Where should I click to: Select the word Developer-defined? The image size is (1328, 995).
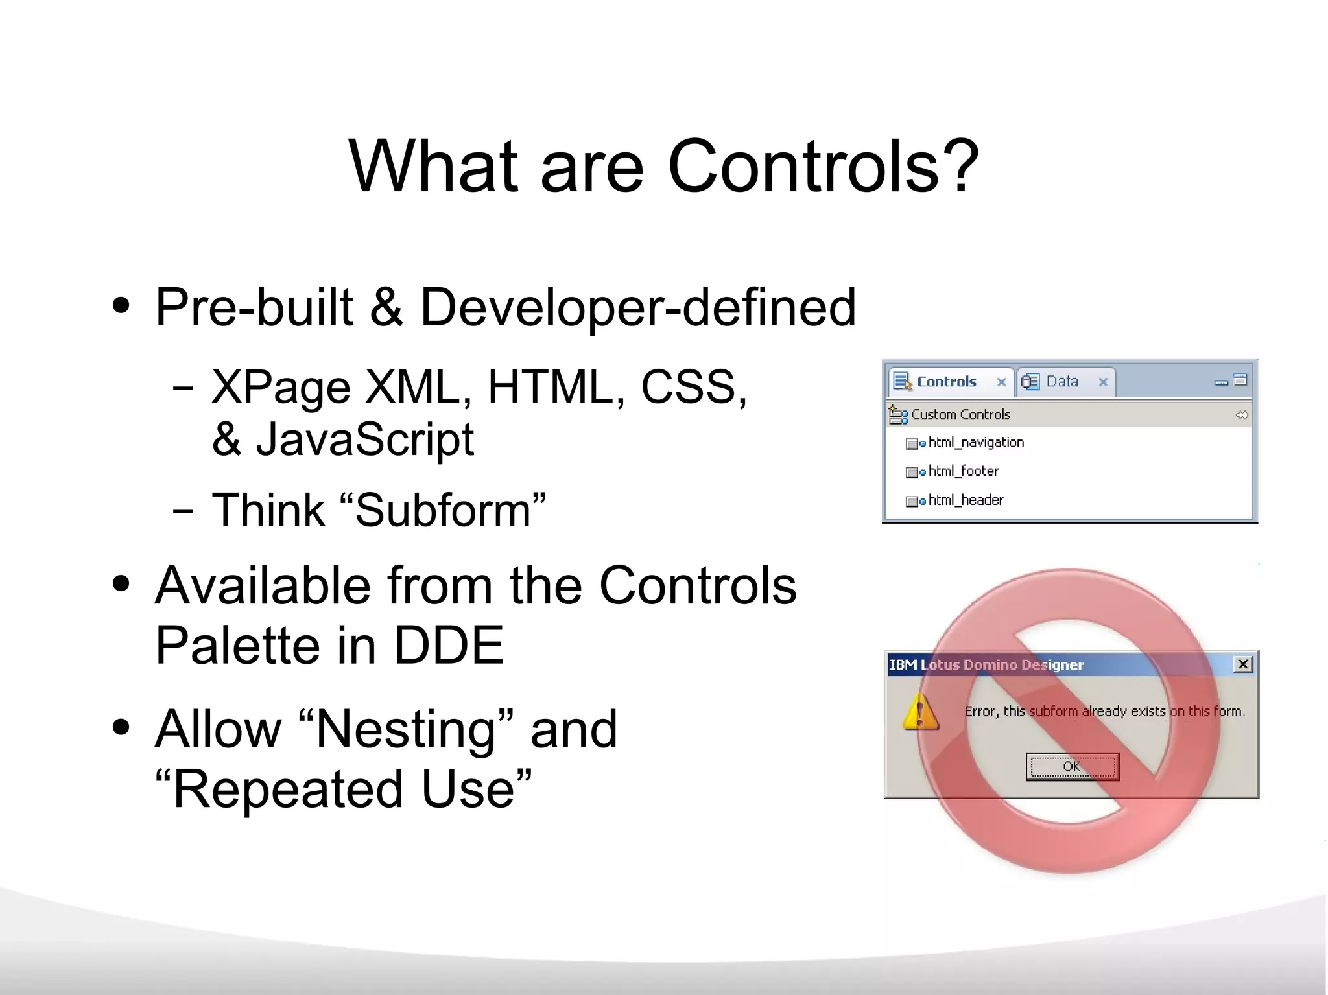[638, 307]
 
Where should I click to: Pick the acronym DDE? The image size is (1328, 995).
[449, 646]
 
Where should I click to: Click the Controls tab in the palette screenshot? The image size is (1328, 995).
[945, 382]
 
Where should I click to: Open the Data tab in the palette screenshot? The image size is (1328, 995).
[1061, 382]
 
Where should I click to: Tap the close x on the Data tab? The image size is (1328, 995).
[1103, 382]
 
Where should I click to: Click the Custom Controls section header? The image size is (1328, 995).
[960, 415]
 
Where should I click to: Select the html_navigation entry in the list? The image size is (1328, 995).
[975, 443]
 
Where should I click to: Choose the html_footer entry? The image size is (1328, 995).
[963, 471]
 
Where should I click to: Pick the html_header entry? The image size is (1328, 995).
[966, 500]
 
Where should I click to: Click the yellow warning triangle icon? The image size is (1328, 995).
[919, 712]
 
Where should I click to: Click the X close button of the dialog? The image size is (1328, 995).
[1242, 664]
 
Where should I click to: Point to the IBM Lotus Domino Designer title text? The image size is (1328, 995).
[986, 665]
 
